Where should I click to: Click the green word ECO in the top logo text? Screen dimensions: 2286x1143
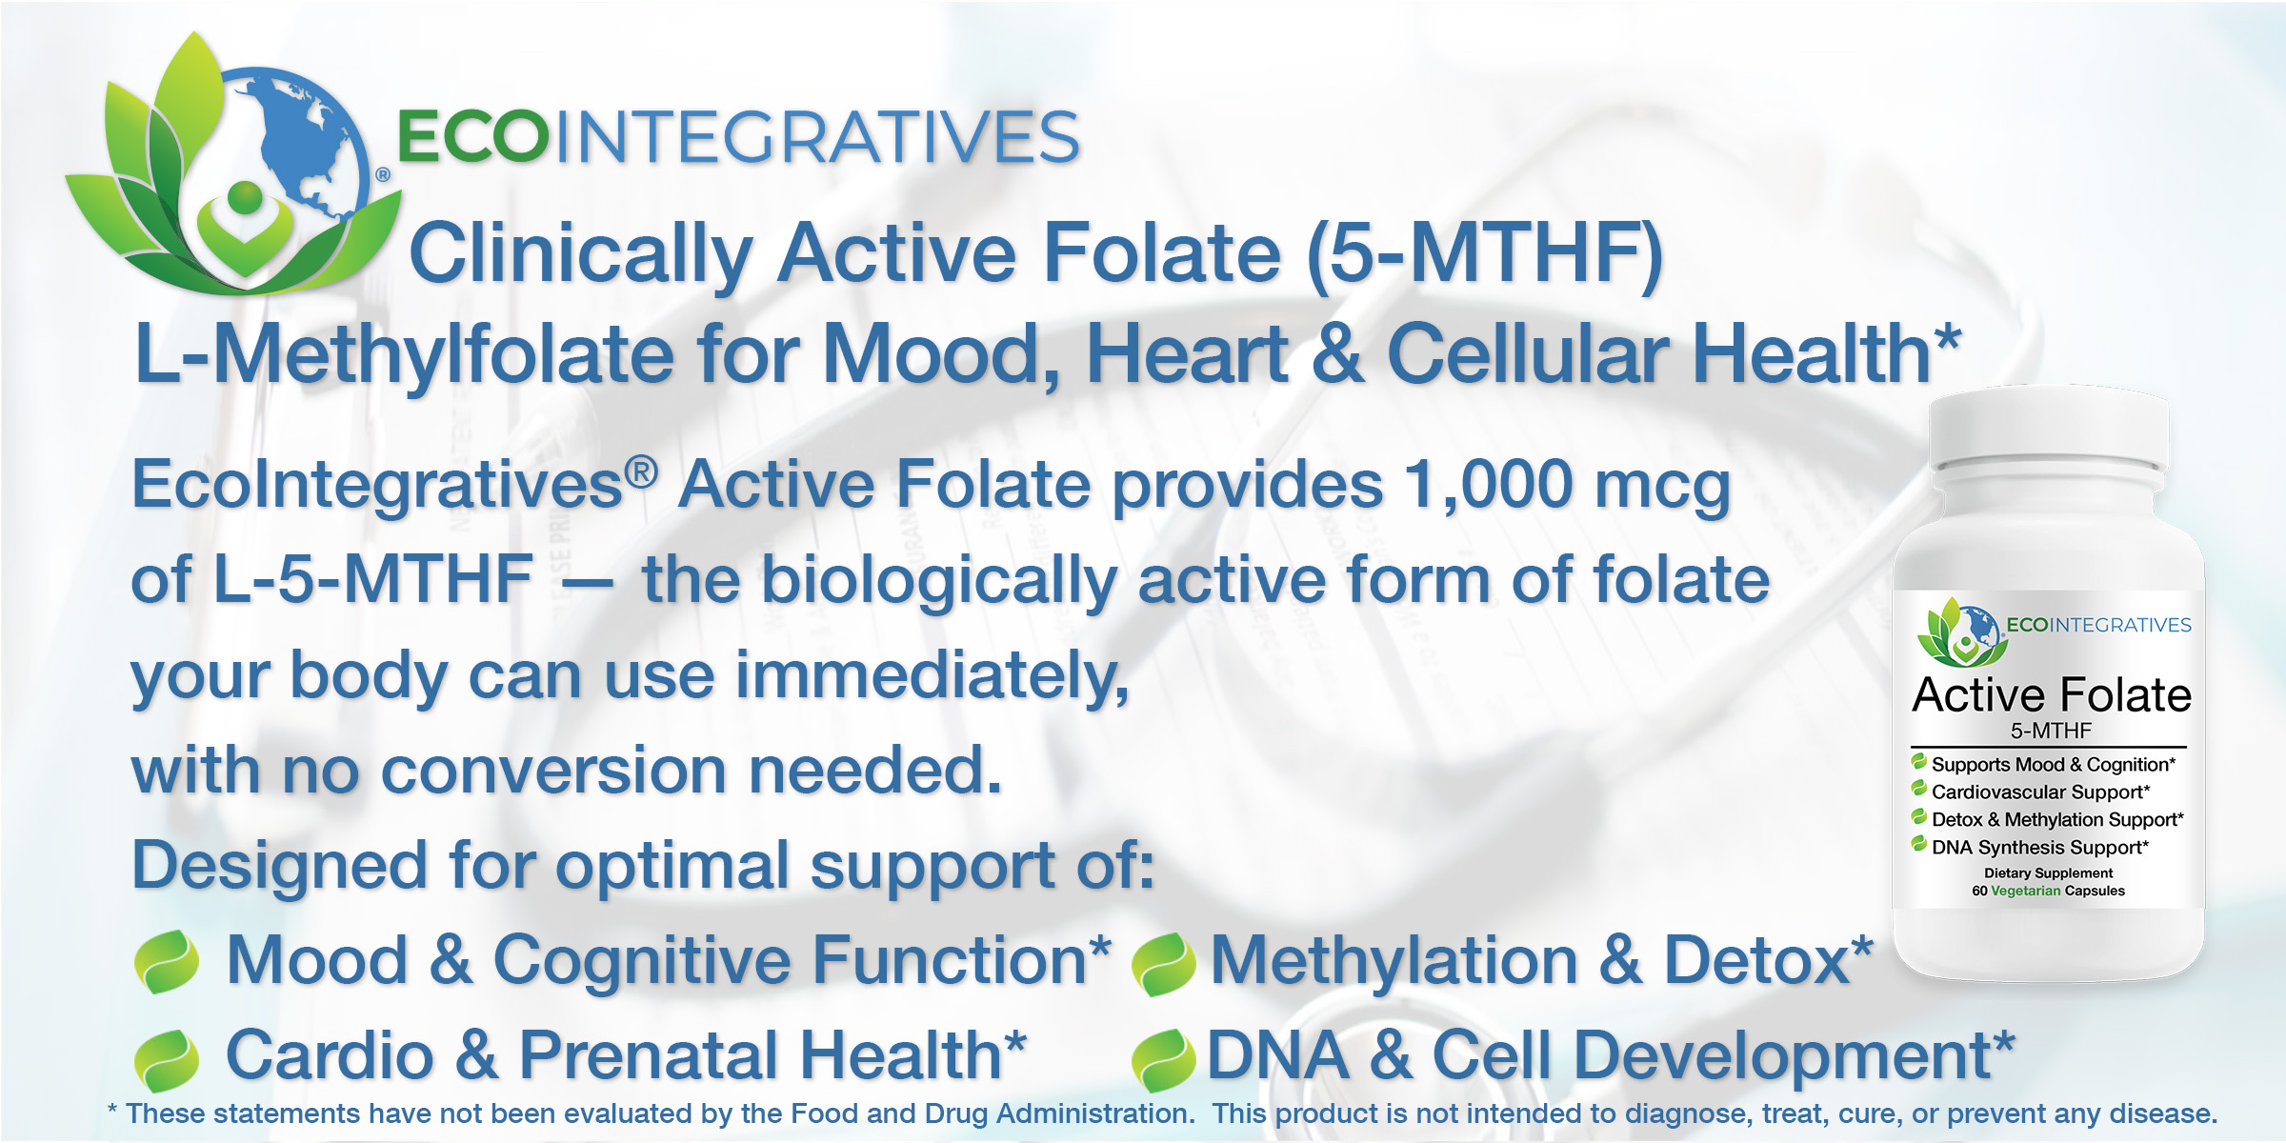click(473, 137)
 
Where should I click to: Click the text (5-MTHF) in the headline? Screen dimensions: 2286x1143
click(1485, 253)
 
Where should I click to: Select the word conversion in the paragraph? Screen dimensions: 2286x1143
click(554, 771)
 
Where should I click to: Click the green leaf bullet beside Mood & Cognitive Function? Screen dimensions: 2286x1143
click(167, 962)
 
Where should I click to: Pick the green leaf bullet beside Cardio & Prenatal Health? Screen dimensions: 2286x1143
click(167, 1060)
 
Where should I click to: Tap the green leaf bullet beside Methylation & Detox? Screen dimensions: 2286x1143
click(1163, 964)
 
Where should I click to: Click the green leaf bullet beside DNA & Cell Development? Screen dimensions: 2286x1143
click(1163, 1060)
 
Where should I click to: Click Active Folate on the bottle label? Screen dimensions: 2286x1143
click(2052, 694)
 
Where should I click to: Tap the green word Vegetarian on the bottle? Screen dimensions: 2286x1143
click(2026, 891)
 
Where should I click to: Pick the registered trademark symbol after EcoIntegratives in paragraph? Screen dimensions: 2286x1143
click(641, 471)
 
